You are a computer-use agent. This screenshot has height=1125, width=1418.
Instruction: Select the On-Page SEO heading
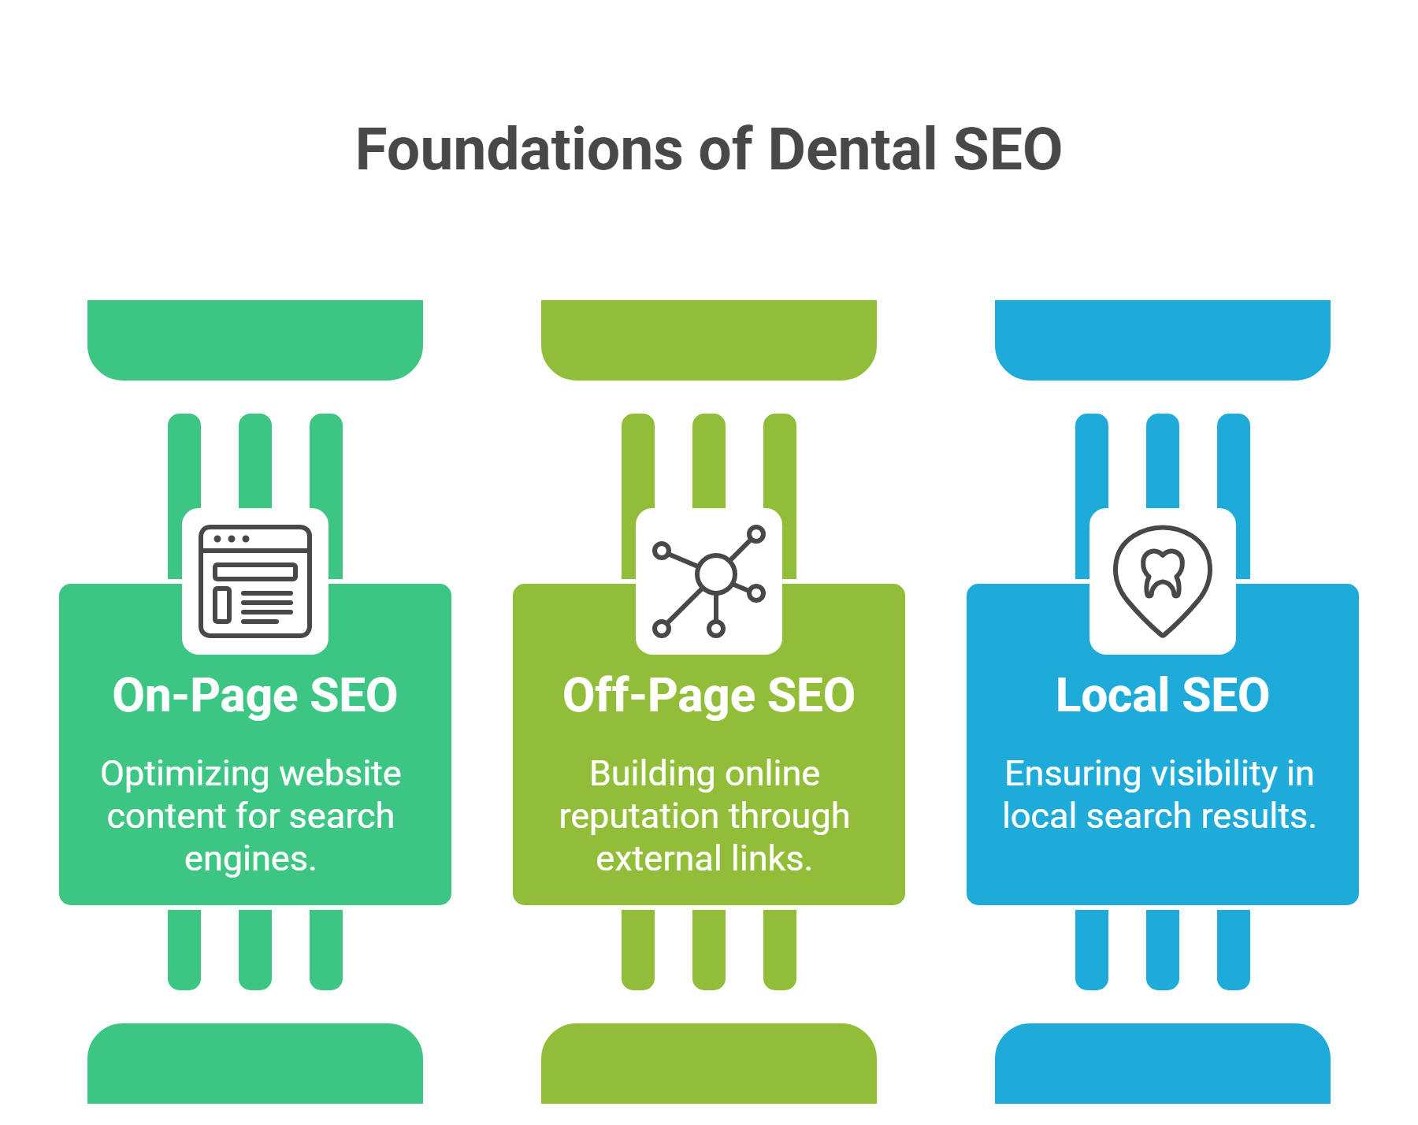tap(254, 696)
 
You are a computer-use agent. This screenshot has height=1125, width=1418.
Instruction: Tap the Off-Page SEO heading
tap(708, 696)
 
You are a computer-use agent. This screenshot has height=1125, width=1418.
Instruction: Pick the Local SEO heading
tap(1162, 696)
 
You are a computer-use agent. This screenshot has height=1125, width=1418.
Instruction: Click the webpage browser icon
tap(255, 581)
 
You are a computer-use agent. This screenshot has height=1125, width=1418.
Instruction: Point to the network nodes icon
tap(709, 581)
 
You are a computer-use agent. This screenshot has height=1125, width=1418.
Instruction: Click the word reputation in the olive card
tap(629, 817)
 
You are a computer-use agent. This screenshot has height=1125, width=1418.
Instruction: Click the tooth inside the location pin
tap(1163, 571)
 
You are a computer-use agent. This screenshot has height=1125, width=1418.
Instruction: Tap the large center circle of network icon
tap(715, 573)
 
